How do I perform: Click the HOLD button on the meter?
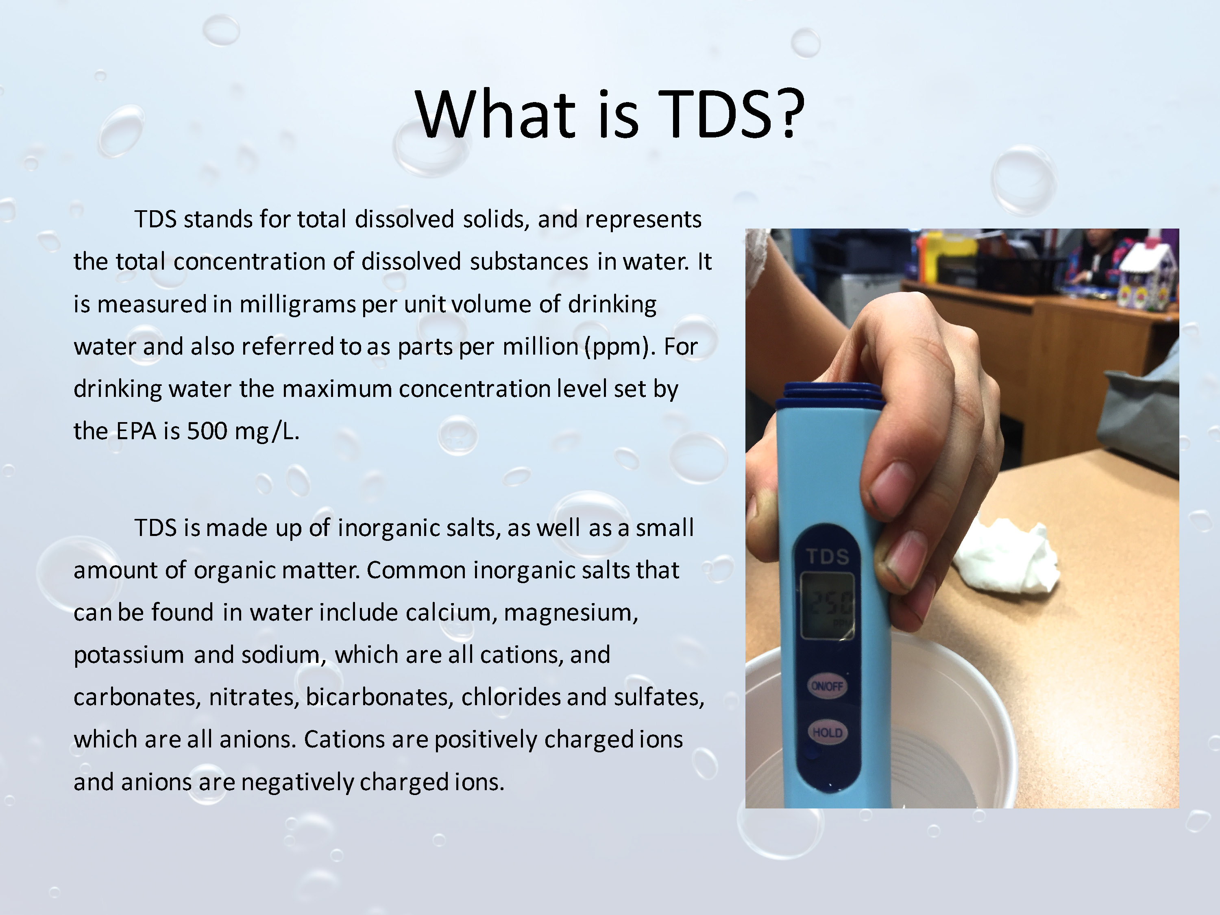coord(827,732)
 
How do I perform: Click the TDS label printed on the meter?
coord(827,556)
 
